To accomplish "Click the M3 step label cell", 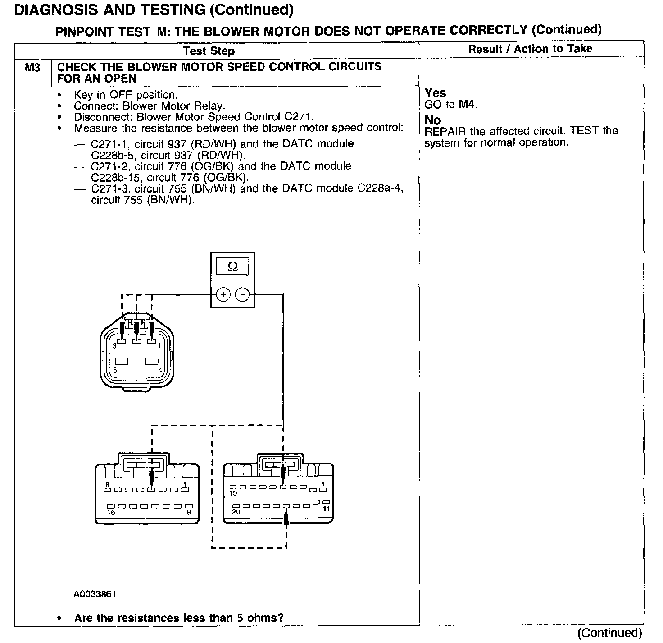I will pos(32,68).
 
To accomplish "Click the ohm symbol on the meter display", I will pos(232,267).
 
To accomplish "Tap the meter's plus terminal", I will pos(223,295).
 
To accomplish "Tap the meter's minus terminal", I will pos(242,295).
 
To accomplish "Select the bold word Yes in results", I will pos(435,93).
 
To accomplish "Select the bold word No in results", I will pos(432,120).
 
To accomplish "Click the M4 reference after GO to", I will pos(467,105).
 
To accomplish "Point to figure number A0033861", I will pos(95,594).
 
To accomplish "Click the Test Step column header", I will pos(209,51).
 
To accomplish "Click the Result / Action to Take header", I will pos(530,49).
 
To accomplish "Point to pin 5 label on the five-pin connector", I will pos(115,370).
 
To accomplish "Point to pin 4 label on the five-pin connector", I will pos(160,370).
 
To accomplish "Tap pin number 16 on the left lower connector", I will pos(111,512).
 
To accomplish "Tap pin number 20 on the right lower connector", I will pos(236,512).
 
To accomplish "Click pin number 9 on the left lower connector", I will pos(189,512).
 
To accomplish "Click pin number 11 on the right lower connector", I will pos(326,509).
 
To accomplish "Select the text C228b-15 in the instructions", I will pos(111,177).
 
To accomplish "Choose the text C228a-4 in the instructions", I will pos(379,188).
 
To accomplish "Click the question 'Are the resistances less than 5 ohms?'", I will pos(179,618).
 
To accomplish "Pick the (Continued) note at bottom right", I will pos(609,633).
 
